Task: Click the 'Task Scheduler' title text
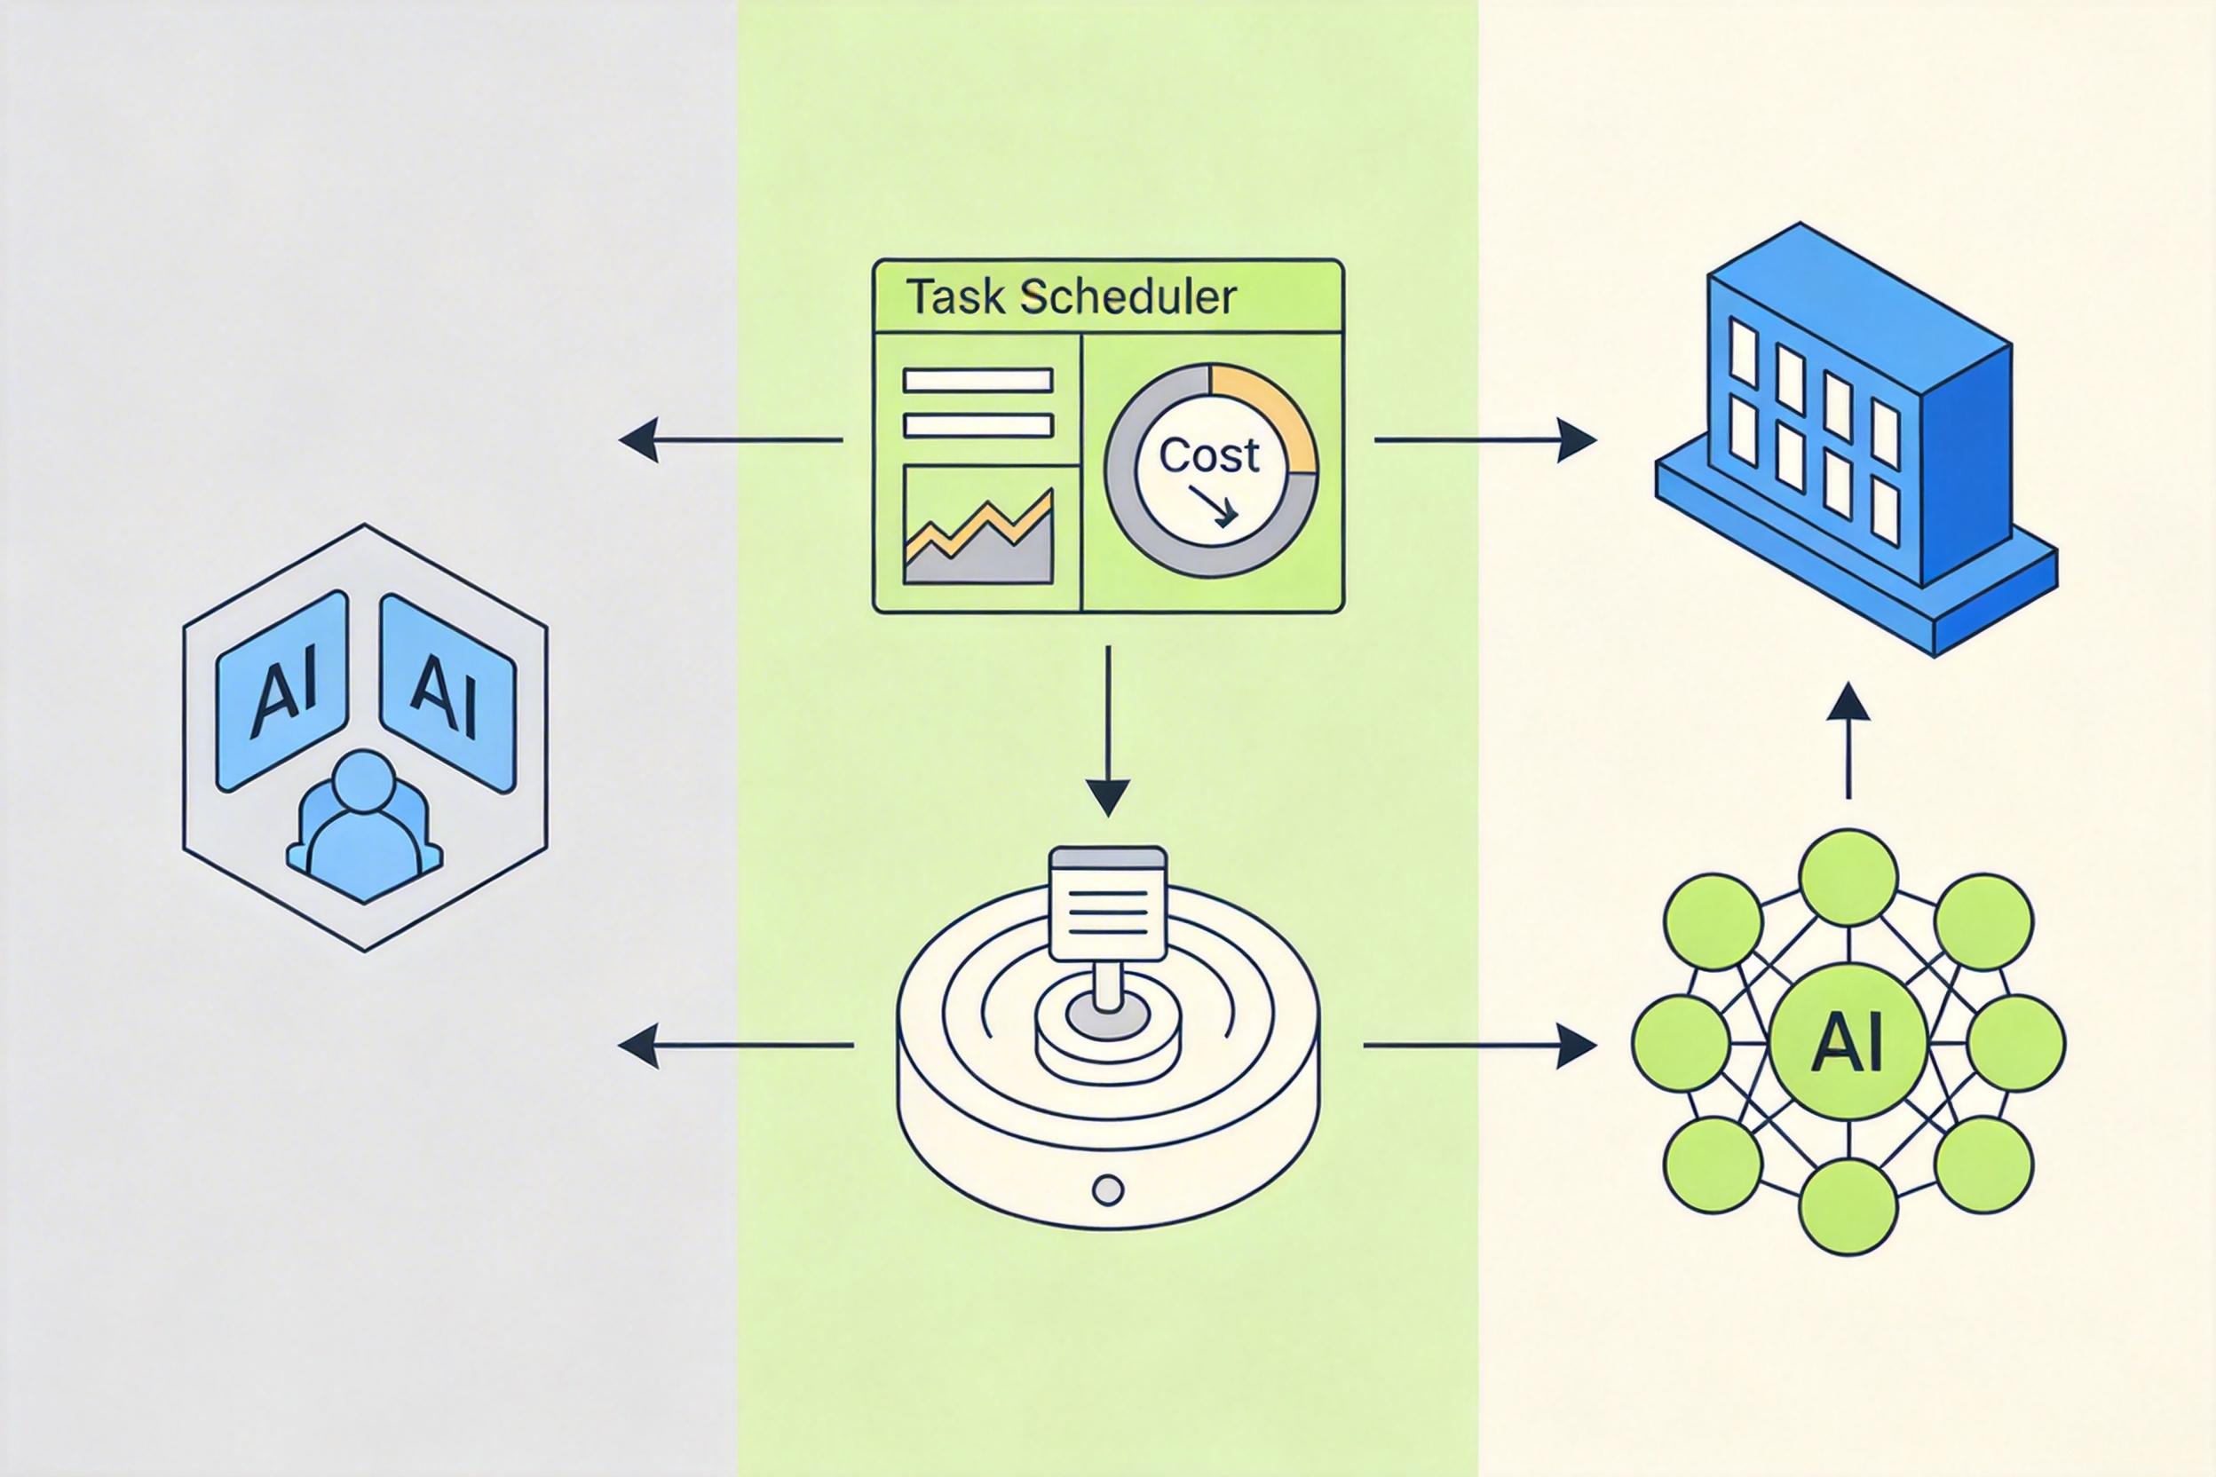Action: [1071, 297]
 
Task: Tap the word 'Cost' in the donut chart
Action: [1209, 456]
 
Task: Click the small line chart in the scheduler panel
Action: [978, 525]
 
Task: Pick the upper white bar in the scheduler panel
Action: [978, 380]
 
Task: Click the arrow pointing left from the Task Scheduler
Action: [730, 439]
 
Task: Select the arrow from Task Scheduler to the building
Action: [1486, 439]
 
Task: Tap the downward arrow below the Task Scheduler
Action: [1108, 732]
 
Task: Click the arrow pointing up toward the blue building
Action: [1848, 740]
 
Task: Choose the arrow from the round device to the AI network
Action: [1480, 1046]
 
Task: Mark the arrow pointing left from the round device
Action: [736, 1045]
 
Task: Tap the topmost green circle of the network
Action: [1848, 878]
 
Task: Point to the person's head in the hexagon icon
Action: [363, 783]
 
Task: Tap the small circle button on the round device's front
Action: [1108, 1189]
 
